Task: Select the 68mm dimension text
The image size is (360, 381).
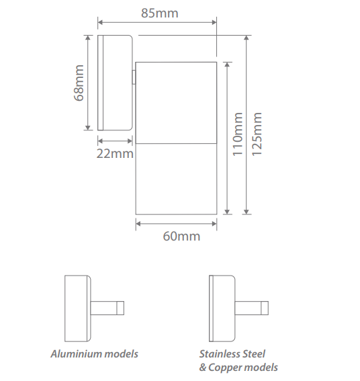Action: point(79,83)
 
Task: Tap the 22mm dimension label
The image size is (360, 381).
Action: point(114,155)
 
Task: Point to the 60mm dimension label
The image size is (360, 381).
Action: point(181,237)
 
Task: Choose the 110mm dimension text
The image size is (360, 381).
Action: point(238,135)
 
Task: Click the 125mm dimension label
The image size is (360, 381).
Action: point(257,134)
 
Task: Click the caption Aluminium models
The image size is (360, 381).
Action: point(94,353)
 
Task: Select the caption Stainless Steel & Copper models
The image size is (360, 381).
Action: point(238,360)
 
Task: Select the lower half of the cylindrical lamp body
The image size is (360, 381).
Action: point(176,179)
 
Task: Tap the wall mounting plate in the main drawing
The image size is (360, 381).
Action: point(114,83)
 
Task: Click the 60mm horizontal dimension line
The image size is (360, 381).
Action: point(176,225)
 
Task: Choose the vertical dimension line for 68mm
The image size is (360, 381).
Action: point(88,83)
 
